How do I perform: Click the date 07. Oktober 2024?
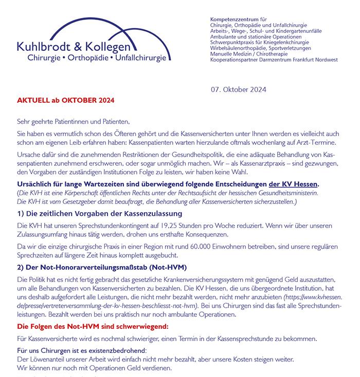tap(238, 89)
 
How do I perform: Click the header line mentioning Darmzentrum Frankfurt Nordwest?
tap(274, 60)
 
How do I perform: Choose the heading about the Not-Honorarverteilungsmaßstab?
tap(102, 267)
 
